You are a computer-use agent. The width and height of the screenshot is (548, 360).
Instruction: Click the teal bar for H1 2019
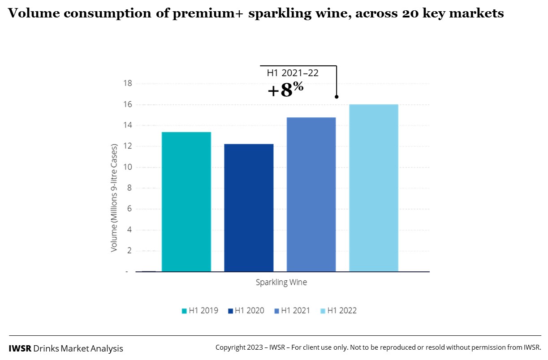tap(186, 201)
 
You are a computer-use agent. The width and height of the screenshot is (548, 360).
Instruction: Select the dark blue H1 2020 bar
tap(249, 208)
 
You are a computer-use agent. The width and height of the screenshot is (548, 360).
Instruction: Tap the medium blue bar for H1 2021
tap(311, 194)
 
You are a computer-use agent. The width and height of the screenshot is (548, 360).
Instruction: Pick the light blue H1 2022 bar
tap(374, 188)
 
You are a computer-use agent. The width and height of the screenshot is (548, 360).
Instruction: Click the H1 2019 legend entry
tap(200, 310)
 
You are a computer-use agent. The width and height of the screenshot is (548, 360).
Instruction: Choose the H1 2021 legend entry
tap(292, 310)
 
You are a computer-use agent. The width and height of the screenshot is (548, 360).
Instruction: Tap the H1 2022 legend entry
tap(338, 310)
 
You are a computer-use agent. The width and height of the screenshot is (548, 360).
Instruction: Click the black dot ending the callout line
tap(336, 97)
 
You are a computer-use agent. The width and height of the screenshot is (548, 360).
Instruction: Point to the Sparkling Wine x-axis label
tap(281, 283)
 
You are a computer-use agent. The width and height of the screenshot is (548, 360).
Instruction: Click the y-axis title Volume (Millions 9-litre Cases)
tap(114, 198)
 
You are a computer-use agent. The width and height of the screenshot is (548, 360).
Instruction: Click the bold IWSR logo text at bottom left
tap(20, 348)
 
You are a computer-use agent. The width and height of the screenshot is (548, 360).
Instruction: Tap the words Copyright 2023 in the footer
tap(238, 347)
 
